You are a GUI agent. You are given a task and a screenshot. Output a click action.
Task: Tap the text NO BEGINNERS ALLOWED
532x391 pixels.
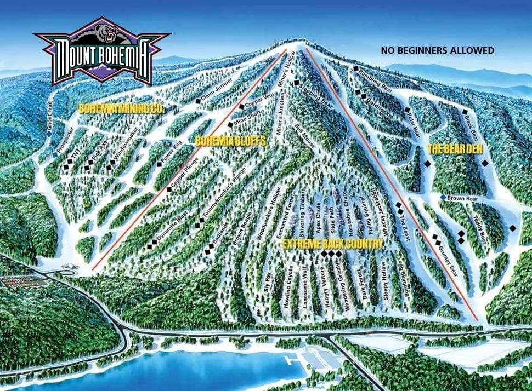click(437, 50)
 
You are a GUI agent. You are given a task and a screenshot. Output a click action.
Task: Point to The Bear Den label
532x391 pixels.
click(451, 148)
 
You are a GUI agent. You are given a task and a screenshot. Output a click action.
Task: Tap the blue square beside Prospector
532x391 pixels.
click(55, 154)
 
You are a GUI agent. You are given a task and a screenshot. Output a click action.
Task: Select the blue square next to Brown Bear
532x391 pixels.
click(443, 198)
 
